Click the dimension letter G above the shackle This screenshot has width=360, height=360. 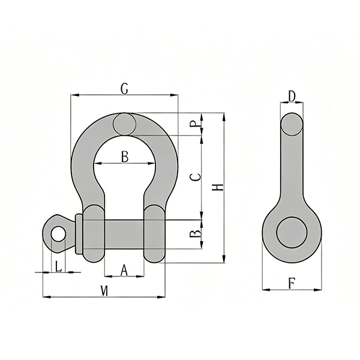point(124,89)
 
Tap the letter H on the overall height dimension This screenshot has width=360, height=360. point(218,187)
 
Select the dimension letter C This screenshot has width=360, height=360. point(196,177)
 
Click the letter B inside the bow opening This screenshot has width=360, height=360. point(125,157)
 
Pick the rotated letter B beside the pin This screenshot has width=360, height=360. point(195,234)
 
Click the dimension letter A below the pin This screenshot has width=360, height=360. point(124,270)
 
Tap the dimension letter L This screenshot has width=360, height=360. point(59,266)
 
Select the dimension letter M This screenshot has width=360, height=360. point(104,291)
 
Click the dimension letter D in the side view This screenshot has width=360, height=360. point(292,97)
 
